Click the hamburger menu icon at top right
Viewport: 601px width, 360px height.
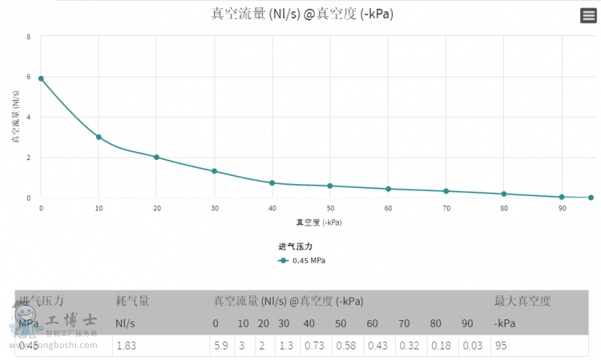pyautogui.click(x=588, y=16)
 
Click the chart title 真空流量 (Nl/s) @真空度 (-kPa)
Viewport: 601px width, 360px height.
pyautogui.click(x=302, y=14)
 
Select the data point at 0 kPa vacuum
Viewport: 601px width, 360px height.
pyautogui.click(x=41, y=78)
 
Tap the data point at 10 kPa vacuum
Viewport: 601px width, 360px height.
pyautogui.click(x=98, y=137)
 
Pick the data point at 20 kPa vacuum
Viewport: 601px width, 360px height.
pyautogui.click(x=156, y=157)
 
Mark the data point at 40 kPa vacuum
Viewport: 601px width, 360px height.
pyautogui.click(x=272, y=183)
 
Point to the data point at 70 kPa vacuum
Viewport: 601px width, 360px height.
pyautogui.click(x=446, y=191)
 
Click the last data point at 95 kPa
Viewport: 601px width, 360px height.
pyautogui.click(x=590, y=197)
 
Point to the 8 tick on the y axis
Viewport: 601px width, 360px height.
pyautogui.click(x=29, y=36)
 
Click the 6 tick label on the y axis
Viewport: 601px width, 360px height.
pyautogui.click(x=29, y=77)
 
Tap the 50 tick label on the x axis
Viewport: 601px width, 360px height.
pyautogui.click(x=330, y=208)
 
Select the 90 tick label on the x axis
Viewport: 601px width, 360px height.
pyautogui.click(x=562, y=208)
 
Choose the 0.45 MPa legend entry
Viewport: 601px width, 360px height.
pyautogui.click(x=302, y=261)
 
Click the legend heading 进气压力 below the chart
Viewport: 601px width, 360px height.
pyautogui.click(x=294, y=246)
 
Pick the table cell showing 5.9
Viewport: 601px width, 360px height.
pyautogui.click(x=221, y=346)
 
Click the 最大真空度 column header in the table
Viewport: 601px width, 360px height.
pyautogui.click(x=522, y=301)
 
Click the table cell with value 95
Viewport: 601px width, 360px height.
pyautogui.click(x=502, y=346)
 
